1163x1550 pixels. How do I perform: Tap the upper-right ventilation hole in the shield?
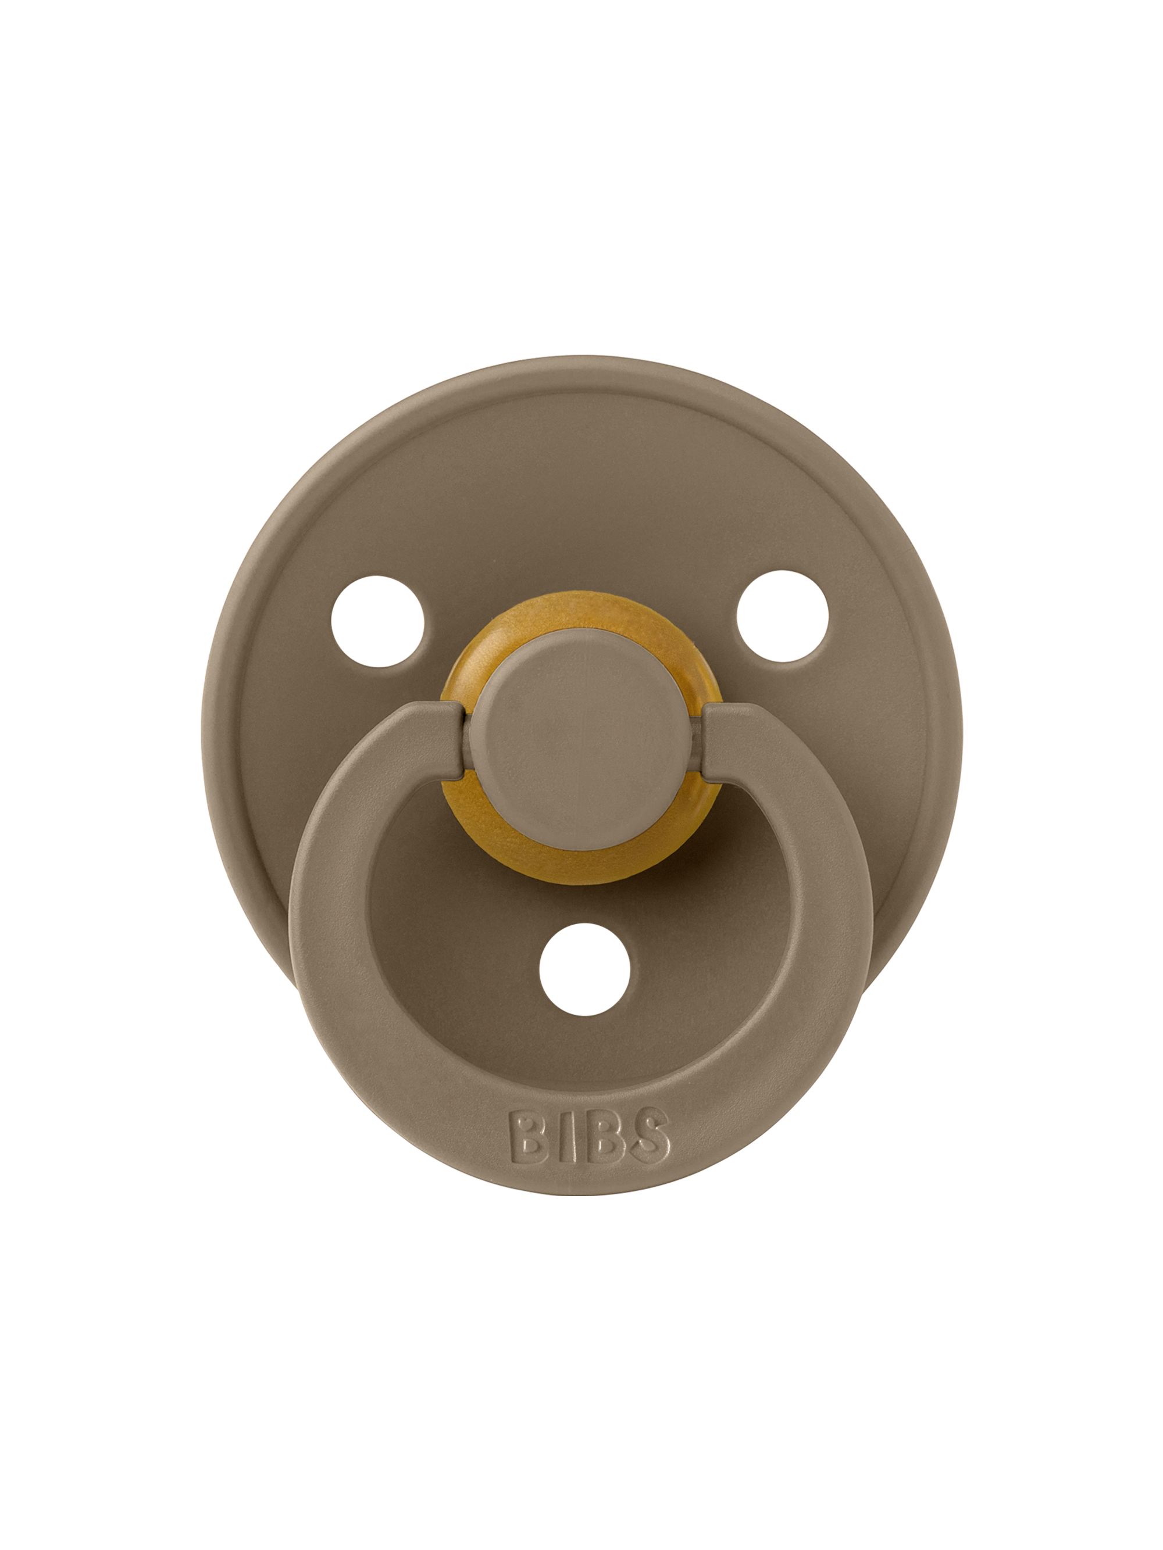click(x=782, y=616)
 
